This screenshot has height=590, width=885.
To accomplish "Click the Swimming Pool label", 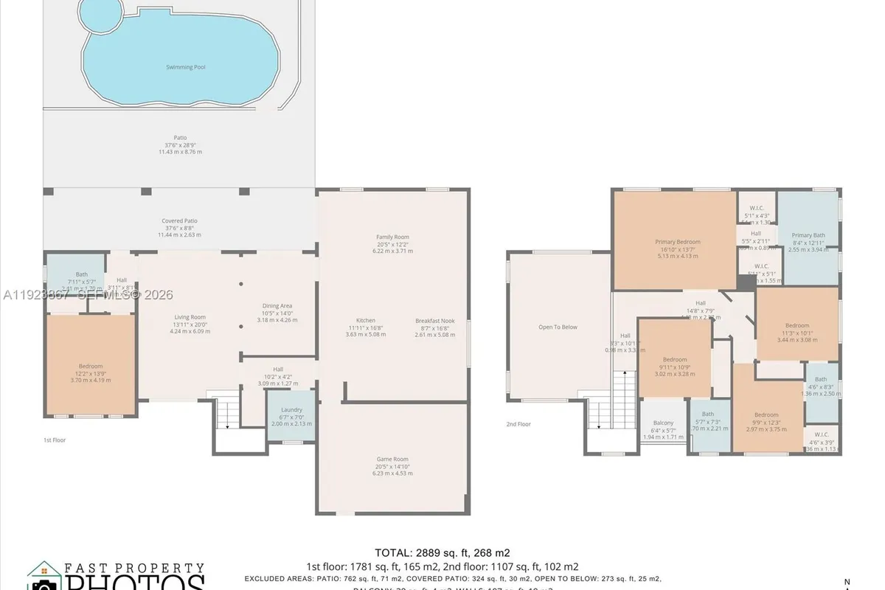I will coord(184,67).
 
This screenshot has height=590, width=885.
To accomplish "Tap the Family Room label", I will coord(392,237).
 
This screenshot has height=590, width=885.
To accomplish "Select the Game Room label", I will coord(392,459).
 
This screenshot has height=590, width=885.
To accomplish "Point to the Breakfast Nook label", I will coord(434,321).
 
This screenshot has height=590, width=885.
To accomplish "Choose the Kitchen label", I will coord(366,321).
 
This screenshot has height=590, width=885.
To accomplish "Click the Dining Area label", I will coord(277,306).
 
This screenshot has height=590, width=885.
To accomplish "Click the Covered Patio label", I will coord(180,221).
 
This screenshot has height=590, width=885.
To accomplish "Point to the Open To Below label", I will coord(558,327).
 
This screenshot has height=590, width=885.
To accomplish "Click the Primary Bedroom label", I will coord(677,242).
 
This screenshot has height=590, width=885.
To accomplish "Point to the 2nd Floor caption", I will coord(518,424).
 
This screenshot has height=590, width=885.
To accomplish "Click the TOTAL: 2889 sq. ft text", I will coord(442,552).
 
